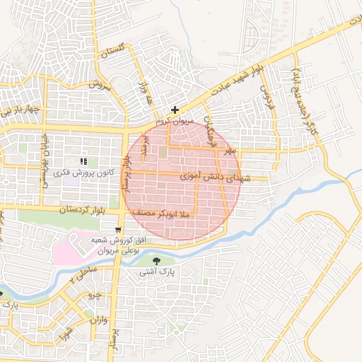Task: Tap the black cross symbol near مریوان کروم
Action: coord(175,110)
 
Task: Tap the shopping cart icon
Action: coord(117,229)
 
